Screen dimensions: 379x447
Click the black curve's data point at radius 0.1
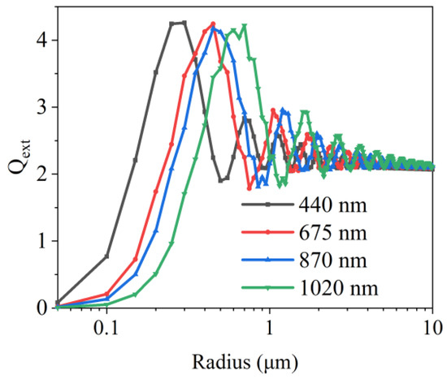(x=106, y=256)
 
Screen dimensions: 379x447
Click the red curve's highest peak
(x=213, y=24)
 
